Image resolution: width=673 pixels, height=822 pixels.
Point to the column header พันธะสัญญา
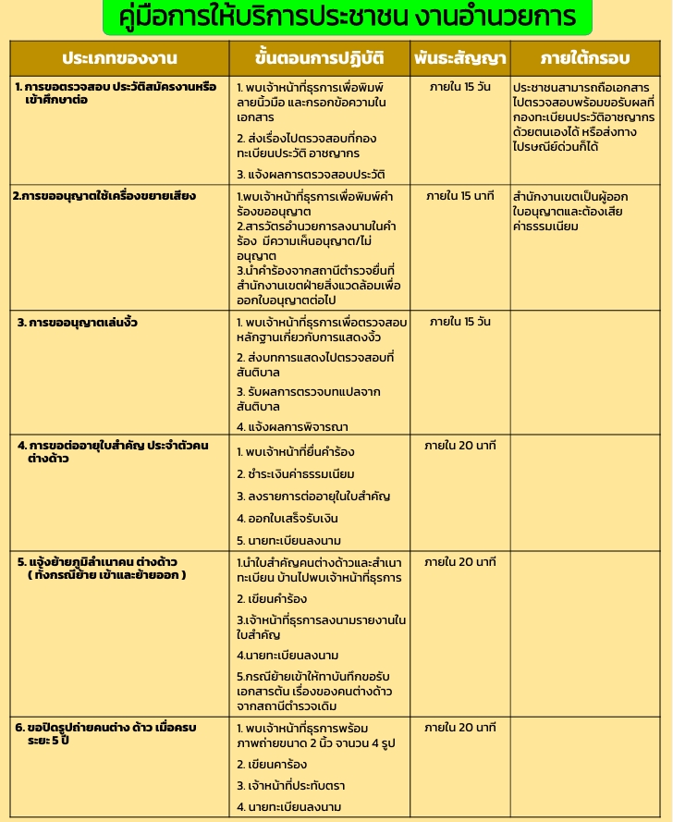click(460, 58)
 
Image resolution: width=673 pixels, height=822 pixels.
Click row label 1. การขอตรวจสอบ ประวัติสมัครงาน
click(116, 92)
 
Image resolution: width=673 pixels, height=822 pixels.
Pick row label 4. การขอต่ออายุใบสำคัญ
click(113, 451)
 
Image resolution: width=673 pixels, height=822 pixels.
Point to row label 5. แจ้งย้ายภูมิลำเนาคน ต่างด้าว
click(102, 568)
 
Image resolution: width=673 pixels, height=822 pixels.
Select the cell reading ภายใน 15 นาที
click(460, 196)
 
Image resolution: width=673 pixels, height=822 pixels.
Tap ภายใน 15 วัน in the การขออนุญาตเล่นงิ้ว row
click(460, 322)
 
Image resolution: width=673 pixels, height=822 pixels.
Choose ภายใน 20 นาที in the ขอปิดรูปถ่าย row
click(460, 728)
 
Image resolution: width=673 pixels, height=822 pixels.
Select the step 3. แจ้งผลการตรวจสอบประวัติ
click(311, 174)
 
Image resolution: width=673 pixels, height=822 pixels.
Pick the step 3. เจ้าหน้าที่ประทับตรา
click(291, 786)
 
